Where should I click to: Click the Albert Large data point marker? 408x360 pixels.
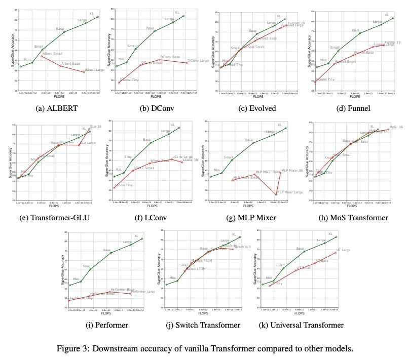[x=84, y=72]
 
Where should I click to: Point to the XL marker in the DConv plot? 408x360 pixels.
[x=183, y=16]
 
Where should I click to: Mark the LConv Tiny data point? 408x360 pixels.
[x=114, y=188]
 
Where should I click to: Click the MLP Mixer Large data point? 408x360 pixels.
[x=276, y=194]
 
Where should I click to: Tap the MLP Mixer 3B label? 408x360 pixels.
[x=292, y=171]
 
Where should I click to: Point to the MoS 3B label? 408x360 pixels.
[x=396, y=127]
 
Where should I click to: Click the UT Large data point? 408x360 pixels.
[x=336, y=252]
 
